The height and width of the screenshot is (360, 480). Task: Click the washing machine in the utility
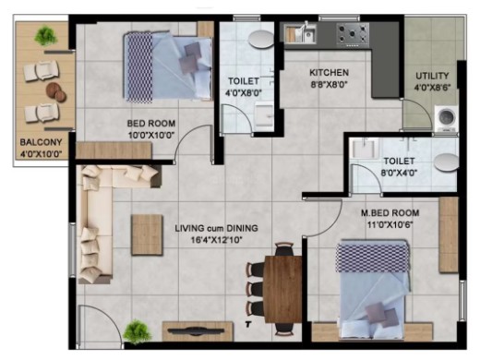(x=446, y=118)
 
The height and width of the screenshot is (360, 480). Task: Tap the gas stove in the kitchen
(x=353, y=34)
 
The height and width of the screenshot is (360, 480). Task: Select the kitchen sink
(x=300, y=33)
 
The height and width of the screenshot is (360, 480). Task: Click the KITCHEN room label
(x=329, y=73)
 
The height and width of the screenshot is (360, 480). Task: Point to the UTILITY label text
(x=432, y=76)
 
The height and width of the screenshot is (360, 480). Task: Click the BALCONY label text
(x=41, y=142)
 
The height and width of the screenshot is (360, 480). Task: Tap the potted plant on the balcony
(x=46, y=36)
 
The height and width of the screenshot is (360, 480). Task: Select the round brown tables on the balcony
(x=56, y=92)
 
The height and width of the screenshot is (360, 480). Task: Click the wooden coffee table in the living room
(x=147, y=235)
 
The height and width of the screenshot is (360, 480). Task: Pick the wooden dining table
(x=283, y=289)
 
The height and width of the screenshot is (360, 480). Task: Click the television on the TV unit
(x=197, y=330)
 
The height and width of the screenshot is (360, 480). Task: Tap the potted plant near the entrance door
(x=137, y=331)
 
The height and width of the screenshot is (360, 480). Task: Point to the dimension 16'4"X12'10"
(x=217, y=240)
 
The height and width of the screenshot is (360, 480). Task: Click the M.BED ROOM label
(x=390, y=213)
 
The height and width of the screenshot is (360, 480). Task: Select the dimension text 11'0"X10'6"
(x=390, y=225)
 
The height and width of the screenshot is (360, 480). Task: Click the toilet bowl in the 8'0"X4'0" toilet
(x=447, y=162)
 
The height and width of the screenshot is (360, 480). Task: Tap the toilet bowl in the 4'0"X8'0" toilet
(x=261, y=39)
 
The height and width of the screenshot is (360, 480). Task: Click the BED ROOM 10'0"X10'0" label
(x=151, y=129)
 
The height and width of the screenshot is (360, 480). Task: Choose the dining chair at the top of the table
(x=283, y=249)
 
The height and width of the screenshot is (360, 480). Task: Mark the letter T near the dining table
(x=248, y=324)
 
